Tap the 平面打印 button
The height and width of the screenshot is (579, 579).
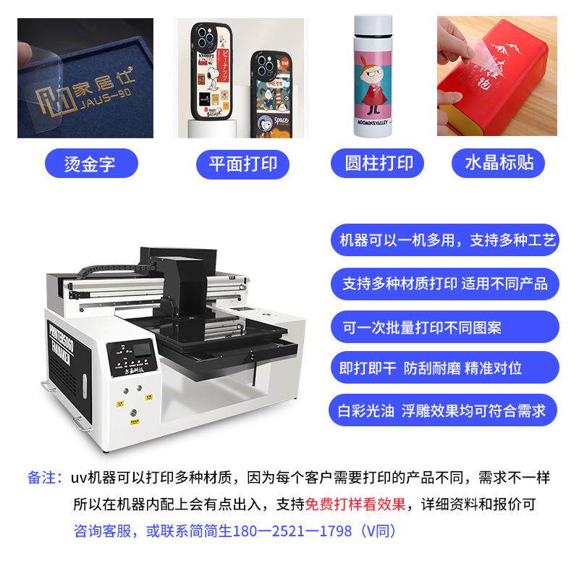[237, 162]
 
